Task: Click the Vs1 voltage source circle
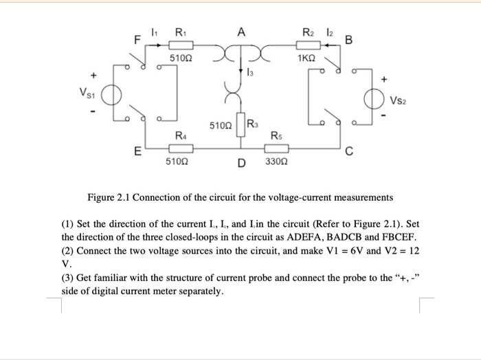(x=115, y=94)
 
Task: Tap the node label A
(x=240, y=32)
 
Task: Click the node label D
(x=241, y=163)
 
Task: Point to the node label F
(x=137, y=40)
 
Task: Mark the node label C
(x=349, y=153)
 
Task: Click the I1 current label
(x=155, y=32)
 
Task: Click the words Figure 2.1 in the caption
(x=109, y=198)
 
